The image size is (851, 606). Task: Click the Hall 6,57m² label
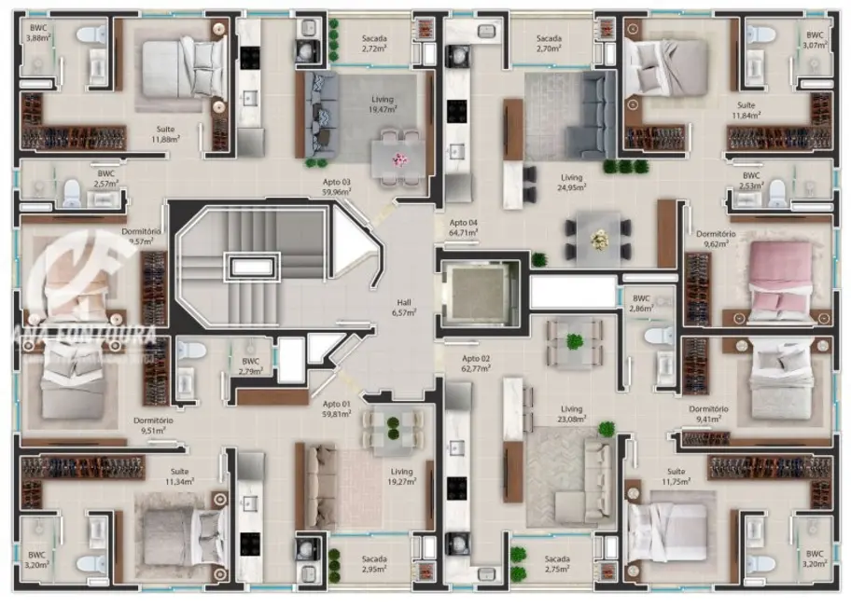pos(404,308)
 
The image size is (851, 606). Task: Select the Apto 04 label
pos(463,227)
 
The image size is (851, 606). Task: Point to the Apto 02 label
pos(475,364)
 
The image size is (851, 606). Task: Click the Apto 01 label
pos(336,407)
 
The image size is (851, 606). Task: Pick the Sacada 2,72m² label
pos(374,42)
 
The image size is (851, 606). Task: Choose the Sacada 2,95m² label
pos(374,562)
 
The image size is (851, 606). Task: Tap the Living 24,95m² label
pos(571,182)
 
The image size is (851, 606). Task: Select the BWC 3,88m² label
pos(37,33)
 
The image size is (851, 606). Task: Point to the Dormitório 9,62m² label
pos(717,239)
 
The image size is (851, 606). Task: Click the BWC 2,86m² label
pos(640,303)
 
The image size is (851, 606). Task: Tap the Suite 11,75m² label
pos(677,476)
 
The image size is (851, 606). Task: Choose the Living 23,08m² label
pos(571,413)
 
